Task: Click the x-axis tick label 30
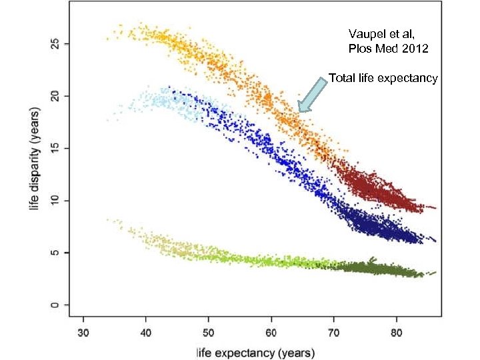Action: point(83,331)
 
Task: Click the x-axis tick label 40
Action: point(146,331)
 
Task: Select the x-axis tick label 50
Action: point(209,331)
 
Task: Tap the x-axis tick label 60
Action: point(271,331)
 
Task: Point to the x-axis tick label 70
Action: point(334,331)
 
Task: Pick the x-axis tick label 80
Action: point(397,331)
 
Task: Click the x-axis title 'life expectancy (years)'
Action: point(255,351)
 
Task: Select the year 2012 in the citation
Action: point(414,49)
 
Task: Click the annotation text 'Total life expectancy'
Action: point(383,79)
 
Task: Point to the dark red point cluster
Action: point(373,190)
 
